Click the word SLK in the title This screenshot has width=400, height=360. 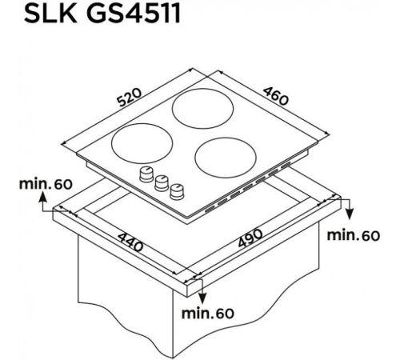point(50,14)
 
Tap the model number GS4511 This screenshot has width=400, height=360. point(134,14)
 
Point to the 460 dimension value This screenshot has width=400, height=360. point(276,96)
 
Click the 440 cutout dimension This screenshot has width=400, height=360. point(130,242)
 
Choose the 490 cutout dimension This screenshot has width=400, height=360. point(250,238)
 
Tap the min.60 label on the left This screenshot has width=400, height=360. point(46,184)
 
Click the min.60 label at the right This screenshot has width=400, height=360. point(354,235)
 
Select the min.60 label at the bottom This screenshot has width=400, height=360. point(207,314)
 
